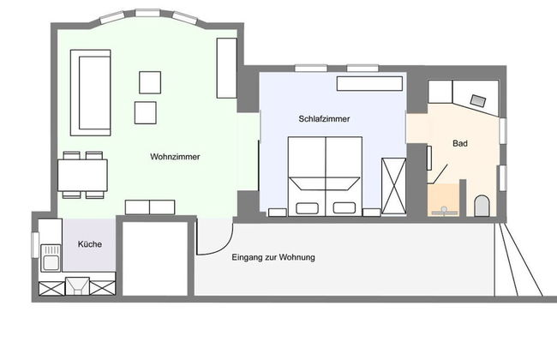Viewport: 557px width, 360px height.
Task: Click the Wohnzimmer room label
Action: pos(175,157)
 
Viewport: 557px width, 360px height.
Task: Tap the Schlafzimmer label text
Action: pos(324,118)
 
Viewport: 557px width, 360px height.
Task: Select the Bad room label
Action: pos(459,144)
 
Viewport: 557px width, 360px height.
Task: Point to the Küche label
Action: pos(89,244)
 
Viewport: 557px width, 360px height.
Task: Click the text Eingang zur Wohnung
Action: pos(273,257)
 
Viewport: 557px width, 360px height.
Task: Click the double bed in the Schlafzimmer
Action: pos(325,177)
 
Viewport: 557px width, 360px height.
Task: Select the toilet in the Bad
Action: pos(482,206)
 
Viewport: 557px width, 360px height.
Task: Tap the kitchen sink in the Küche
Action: pos(51,258)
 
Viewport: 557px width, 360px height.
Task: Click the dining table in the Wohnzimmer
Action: pos(83,175)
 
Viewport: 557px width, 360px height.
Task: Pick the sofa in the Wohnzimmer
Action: pos(91,93)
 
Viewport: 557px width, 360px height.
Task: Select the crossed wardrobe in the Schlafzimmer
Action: pos(393,187)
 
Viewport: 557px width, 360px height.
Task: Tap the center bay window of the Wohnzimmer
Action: pos(147,13)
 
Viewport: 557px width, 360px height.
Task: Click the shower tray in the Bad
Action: pos(443,200)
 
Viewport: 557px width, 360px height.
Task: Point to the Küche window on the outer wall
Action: pos(35,245)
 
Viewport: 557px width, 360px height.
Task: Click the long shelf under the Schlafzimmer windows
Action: pos(369,83)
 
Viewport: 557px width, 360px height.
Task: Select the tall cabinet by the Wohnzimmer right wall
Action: pos(226,69)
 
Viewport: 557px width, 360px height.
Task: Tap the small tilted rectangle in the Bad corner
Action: pos(478,101)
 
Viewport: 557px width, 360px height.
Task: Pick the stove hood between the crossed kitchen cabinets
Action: pos(77,286)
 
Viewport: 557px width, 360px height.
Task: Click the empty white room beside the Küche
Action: pos(155,259)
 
